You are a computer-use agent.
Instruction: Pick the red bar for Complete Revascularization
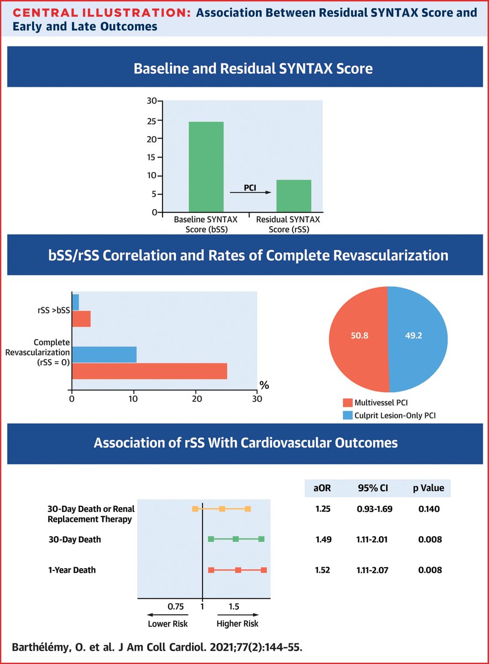[x=149, y=371]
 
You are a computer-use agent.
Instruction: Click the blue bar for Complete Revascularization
[x=104, y=354]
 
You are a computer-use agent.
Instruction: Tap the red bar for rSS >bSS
[x=81, y=319]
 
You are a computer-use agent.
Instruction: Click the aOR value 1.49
[x=324, y=539]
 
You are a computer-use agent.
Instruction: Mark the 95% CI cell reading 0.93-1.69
[x=375, y=509]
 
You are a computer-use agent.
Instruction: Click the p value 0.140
[x=430, y=509]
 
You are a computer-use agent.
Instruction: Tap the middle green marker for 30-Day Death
[x=236, y=539]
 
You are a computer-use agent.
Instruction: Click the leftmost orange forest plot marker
[x=195, y=509]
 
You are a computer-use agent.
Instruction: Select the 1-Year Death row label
[x=71, y=570]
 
